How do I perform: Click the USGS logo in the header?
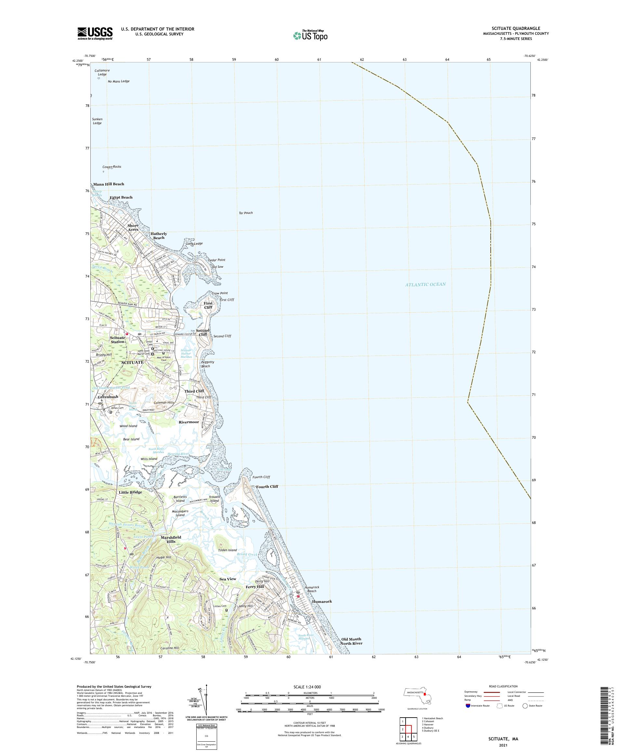pos(95,34)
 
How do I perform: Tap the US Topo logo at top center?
pos(311,35)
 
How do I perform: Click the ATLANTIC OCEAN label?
pos(425,284)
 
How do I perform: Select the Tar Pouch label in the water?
pos(246,213)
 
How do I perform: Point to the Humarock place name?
pos(322,601)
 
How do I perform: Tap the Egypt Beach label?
pos(121,198)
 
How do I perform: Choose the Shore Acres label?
pos(133,227)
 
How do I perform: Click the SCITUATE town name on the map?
pos(132,362)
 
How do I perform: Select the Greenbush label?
pos(108,397)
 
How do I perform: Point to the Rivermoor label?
pos(188,422)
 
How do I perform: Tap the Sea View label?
pos(227,579)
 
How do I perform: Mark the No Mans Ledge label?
pos(119,82)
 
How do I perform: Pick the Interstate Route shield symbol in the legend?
pos(467,706)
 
